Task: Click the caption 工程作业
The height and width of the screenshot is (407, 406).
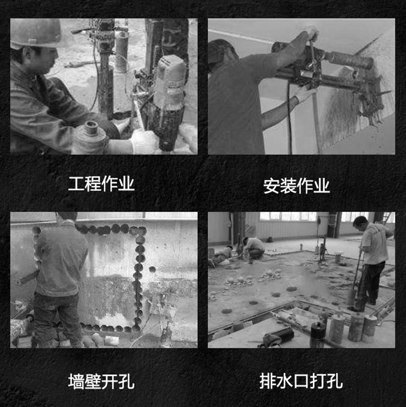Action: click(101, 184)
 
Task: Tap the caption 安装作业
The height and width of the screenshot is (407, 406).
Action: click(297, 186)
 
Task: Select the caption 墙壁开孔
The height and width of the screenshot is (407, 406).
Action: click(101, 381)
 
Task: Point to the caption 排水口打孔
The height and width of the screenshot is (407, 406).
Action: click(301, 381)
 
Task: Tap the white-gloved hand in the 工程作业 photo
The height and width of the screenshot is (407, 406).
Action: click(144, 141)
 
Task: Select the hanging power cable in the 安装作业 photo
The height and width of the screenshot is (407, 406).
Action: click(289, 117)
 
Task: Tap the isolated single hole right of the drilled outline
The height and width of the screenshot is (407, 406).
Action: click(152, 269)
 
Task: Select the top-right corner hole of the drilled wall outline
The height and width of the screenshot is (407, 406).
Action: click(142, 230)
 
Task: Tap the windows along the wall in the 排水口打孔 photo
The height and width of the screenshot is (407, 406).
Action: click(288, 216)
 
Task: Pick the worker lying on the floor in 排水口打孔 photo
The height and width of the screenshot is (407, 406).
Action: click(221, 255)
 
